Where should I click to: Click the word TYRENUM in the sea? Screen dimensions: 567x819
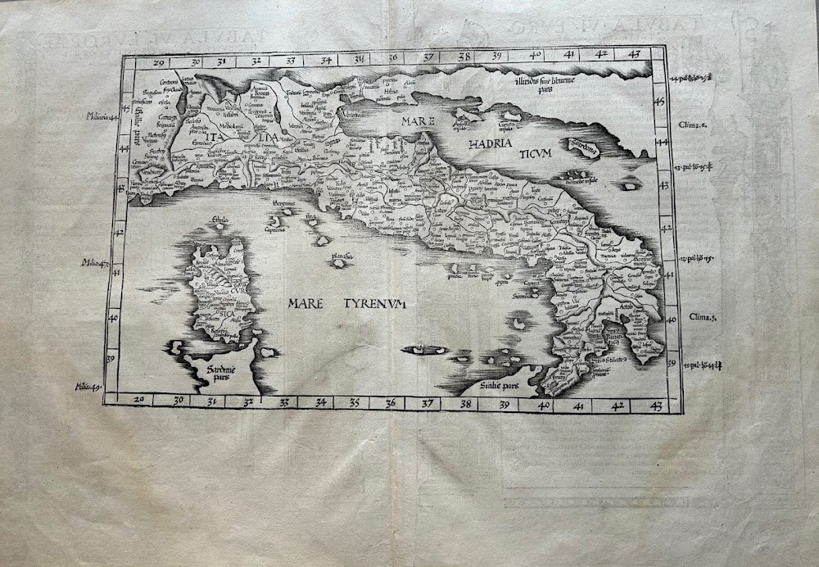click(373, 305)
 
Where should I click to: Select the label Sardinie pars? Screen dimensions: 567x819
click(211, 373)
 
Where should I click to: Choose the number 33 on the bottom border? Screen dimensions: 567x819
click(284, 402)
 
